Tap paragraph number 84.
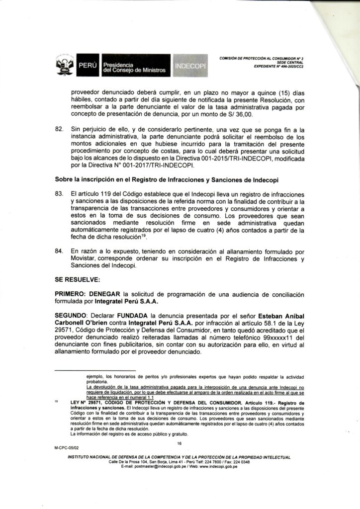click(x=60, y=253)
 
